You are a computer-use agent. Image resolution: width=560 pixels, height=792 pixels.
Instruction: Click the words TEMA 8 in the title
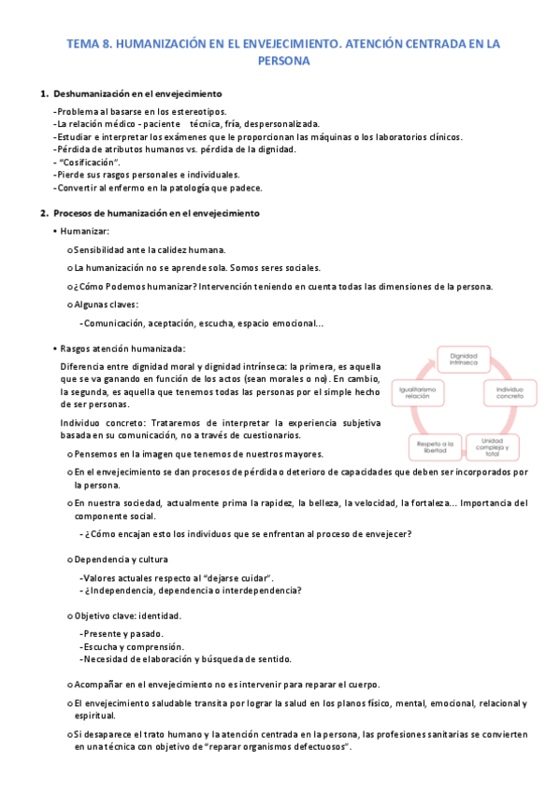click(89, 43)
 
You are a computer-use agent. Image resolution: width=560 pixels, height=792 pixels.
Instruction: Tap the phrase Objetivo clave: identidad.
click(128, 616)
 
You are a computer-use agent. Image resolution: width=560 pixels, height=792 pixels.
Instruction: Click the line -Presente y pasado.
click(122, 633)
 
